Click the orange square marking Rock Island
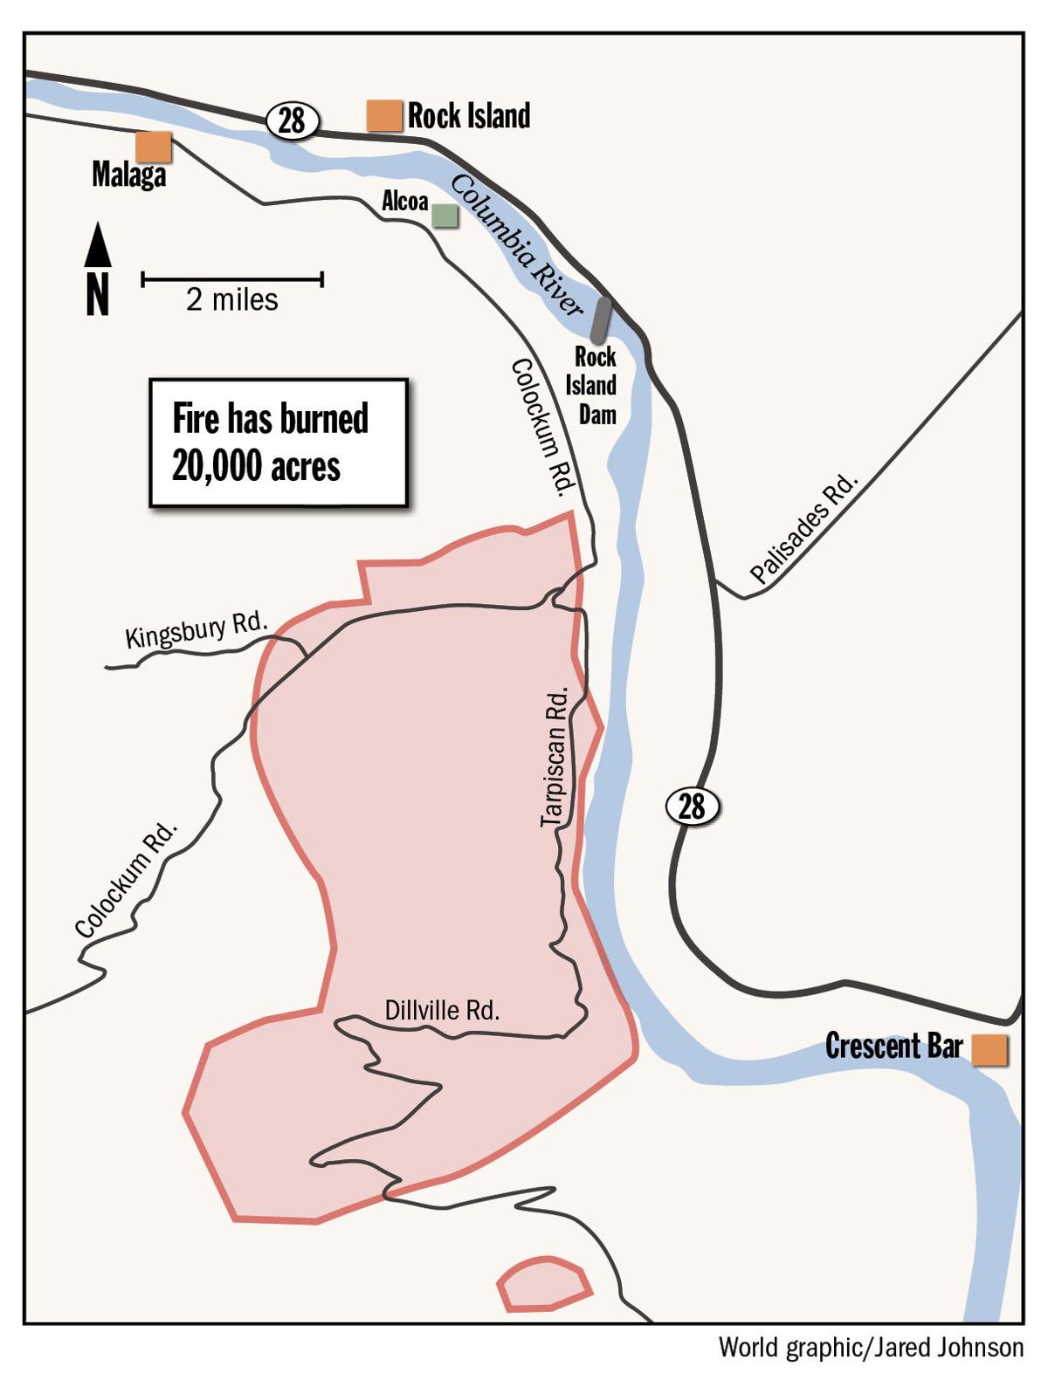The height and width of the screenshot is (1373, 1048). point(383,115)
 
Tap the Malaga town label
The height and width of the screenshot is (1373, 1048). point(128,175)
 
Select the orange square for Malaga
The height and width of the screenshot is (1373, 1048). point(154,147)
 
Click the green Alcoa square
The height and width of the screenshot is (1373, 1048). point(445,215)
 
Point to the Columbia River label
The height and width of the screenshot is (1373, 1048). point(516,245)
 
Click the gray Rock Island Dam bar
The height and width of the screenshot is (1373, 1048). point(600,320)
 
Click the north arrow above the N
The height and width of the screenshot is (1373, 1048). point(98,245)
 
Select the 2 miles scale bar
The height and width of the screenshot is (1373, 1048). point(232,279)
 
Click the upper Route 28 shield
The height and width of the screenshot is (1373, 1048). point(292,120)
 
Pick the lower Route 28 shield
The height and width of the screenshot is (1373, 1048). point(693,806)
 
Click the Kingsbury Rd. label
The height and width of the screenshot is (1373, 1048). point(196,631)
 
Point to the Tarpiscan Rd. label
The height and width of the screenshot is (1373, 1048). point(555,757)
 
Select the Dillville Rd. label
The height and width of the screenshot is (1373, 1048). point(442,1011)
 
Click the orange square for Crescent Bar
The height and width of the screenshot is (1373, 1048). point(989,1050)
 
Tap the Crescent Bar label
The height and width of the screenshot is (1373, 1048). point(893,1046)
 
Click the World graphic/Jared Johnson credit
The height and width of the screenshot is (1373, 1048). point(871,1348)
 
